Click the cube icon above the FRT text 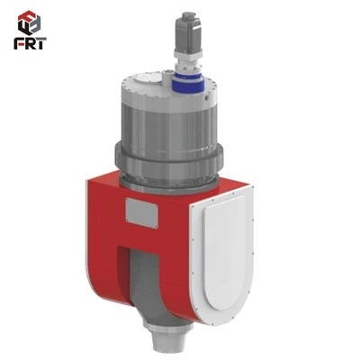(x=29, y=22)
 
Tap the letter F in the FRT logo (x=19, y=43)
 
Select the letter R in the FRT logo (x=31, y=43)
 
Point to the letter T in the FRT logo (x=41, y=43)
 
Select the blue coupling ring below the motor (x=187, y=83)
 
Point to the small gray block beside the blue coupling (x=166, y=75)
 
